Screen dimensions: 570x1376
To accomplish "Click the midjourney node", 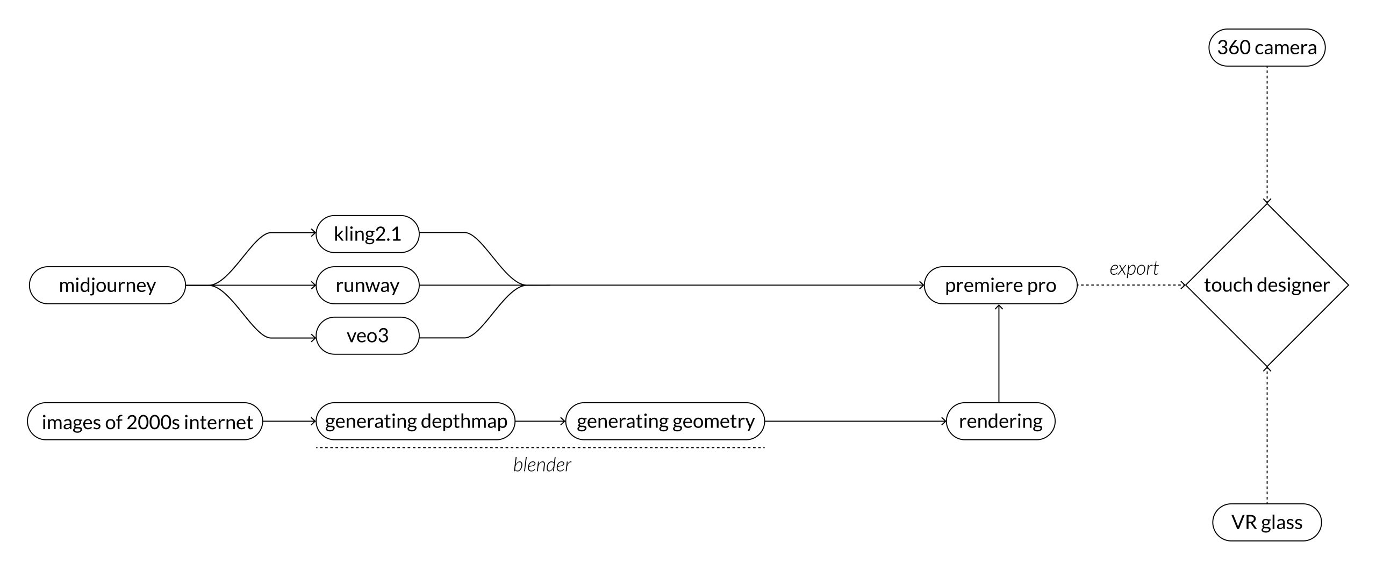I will pyautogui.click(x=107, y=285).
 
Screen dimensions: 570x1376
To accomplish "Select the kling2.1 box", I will pyautogui.click(x=367, y=234).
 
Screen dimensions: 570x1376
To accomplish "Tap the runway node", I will pyautogui.click(x=367, y=285).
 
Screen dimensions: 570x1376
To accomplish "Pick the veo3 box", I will pyautogui.click(x=367, y=336).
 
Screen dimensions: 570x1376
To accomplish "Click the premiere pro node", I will pyautogui.click(x=1000, y=285).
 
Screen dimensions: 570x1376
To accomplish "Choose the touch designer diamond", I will pyautogui.click(x=1266, y=285).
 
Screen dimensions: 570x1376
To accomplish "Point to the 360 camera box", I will pyautogui.click(x=1266, y=48).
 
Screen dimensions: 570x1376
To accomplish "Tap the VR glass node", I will pyautogui.click(x=1266, y=522).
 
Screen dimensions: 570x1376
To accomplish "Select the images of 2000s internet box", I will pyautogui.click(x=145, y=422).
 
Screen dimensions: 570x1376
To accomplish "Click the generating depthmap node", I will pyautogui.click(x=415, y=421).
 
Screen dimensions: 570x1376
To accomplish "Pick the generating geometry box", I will pyautogui.click(x=665, y=421).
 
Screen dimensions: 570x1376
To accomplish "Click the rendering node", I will pyautogui.click(x=1000, y=421).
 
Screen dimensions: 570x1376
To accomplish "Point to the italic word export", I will pyautogui.click(x=1134, y=268).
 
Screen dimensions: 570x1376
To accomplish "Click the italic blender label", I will pyautogui.click(x=542, y=465).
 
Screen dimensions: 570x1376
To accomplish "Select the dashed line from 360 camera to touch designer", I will pyautogui.click(x=1267, y=134).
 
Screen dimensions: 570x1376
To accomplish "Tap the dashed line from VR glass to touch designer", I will pyautogui.click(x=1267, y=436).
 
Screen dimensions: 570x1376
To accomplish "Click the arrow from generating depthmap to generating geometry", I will pyautogui.click(x=540, y=422).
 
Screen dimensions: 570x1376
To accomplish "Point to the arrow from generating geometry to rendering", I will pyautogui.click(x=855, y=422).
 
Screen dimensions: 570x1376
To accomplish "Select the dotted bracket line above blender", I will pyautogui.click(x=540, y=447).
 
